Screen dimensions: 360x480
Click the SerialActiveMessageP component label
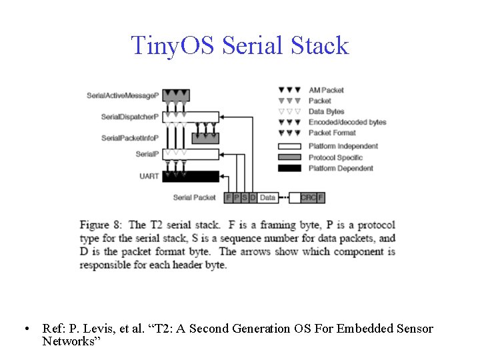click(x=123, y=96)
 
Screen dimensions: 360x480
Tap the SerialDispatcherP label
click(x=130, y=117)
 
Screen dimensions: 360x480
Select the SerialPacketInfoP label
click(x=130, y=138)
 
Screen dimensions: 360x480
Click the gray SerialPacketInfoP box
click(x=205, y=138)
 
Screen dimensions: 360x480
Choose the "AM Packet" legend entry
click(x=326, y=90)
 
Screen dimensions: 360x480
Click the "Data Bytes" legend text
click(x=326, y=111)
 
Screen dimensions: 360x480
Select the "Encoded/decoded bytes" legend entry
click(x=347, y=122)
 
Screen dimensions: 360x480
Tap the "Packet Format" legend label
click(x=332, y=133)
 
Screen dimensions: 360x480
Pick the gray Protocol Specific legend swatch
click(x=289, y=157)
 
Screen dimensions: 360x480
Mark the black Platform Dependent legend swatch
click(x=289, y=168)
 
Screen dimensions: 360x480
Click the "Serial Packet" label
click(x=194, y=197)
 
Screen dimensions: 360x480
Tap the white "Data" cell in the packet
click(x=267, y=197)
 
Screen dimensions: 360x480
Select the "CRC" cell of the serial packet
click(x=308, y=197)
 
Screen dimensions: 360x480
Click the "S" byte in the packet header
click(x=245, y=197)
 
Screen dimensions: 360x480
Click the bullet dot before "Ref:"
click(x=25, y=329)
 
